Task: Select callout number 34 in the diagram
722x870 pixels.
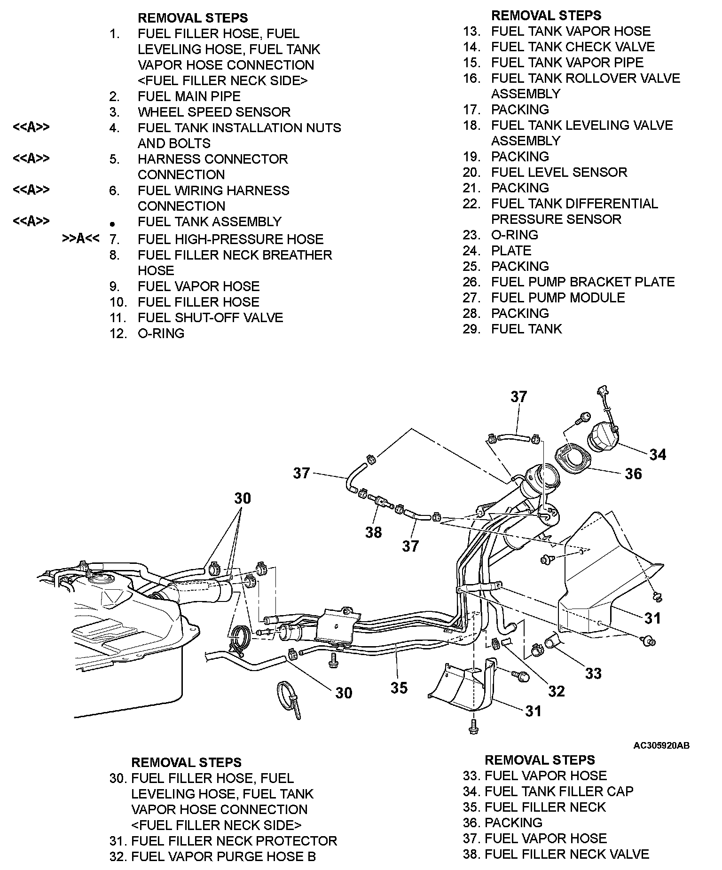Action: tap(658, 454)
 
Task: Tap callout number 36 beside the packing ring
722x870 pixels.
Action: tap(633, 473)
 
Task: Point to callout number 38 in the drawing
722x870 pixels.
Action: tap(374, 532)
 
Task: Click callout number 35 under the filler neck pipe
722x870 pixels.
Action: tap(399, 688)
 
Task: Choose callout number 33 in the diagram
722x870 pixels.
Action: tap(593, 673)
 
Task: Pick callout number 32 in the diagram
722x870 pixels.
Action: tap(556, 691)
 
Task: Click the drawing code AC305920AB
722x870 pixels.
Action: tap(661, 745)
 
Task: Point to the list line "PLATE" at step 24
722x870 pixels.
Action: tap(511, 251)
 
